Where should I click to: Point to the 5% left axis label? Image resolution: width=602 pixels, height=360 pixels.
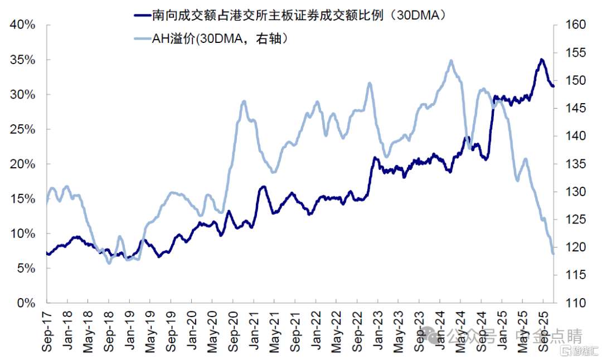[25, 269]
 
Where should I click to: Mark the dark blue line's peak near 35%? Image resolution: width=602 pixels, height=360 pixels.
[541, 59]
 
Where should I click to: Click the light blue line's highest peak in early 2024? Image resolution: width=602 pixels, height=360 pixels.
[450, 61]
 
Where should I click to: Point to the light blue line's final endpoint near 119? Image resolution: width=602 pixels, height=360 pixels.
[553, 254]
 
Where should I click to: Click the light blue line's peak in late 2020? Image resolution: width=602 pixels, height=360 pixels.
[244, 101]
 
